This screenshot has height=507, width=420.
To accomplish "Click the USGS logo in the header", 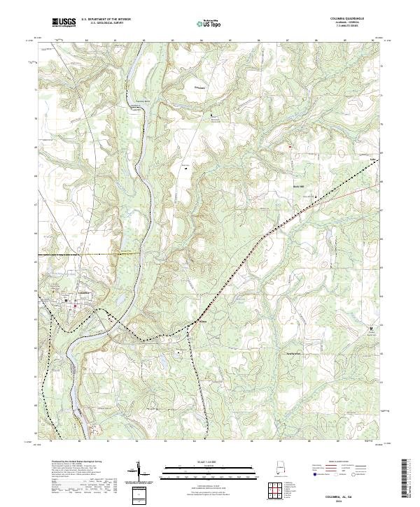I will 64,22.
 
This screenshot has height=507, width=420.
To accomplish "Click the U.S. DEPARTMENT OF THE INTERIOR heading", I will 106,19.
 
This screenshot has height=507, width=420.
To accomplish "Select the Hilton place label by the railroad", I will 203,322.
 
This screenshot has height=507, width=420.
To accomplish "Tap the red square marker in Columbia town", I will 75,305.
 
